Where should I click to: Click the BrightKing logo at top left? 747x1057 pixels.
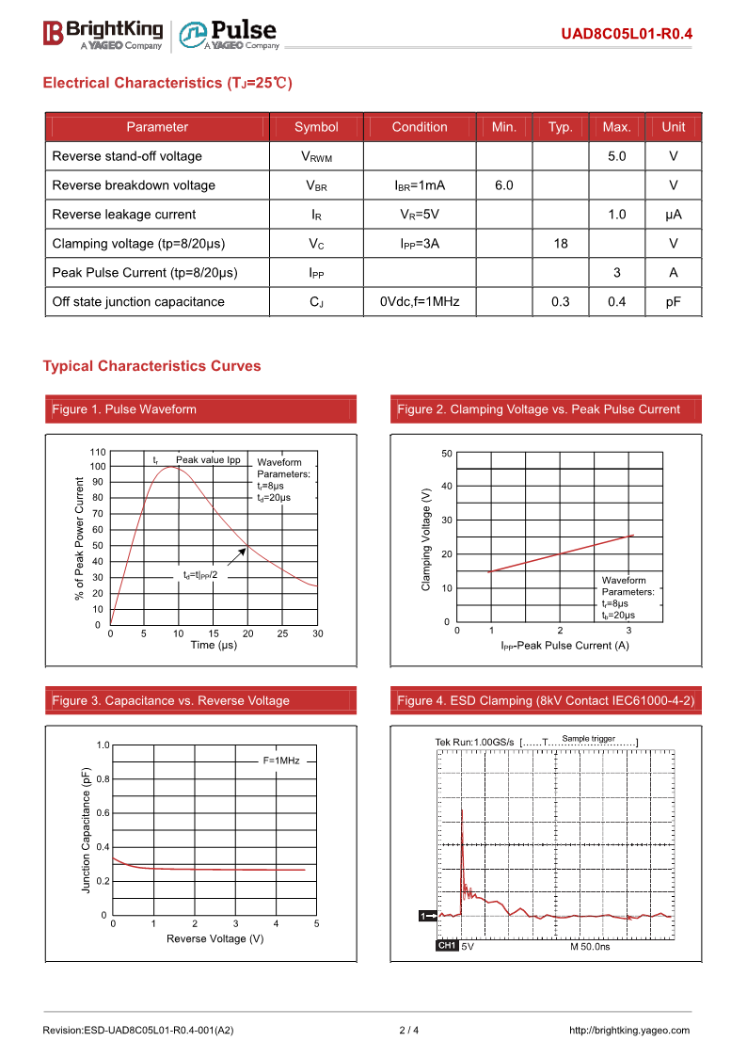[103, 34]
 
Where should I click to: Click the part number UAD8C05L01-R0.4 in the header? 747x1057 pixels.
[627, 34]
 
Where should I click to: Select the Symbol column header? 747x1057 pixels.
[316, 127]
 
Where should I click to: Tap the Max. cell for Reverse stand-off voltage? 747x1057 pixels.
[616, 156]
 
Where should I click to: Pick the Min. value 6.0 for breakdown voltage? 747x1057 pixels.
[504, 185]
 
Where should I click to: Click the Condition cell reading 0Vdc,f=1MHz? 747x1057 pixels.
[420, 302]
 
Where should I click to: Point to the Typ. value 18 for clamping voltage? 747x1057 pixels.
[561, 244]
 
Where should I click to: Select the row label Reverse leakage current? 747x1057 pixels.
[124, 215]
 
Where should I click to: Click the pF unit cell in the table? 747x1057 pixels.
[674, 302]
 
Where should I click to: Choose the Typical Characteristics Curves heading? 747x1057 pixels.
[151, 366]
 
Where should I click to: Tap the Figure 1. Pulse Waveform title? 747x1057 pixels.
[124, 409]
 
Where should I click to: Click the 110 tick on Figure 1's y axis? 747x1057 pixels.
[98, 452]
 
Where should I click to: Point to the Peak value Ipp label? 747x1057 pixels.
[208, 460]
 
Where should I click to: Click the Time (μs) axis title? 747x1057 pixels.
[214, 646]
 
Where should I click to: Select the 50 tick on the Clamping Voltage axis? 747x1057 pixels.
[446, 454]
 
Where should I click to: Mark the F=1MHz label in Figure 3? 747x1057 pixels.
[280, 760]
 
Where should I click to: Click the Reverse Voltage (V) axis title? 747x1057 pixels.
[215, 938]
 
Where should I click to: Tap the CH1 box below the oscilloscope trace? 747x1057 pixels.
[447, 946]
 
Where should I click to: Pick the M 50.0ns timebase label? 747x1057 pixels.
[590, 946]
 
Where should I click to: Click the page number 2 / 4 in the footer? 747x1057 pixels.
[409, 1030]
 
